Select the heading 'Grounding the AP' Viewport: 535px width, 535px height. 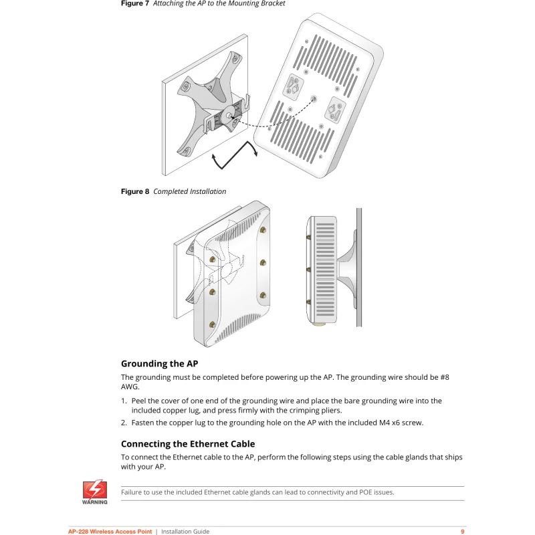(x=159, y=364)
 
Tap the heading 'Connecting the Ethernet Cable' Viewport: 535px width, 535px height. (x=188, y=444)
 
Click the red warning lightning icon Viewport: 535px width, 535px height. (x=95, y=488)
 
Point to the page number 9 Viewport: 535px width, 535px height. (x=462, y=532)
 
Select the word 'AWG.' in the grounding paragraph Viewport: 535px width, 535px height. (x=130, y=387)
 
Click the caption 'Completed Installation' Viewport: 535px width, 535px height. (x=190, y=192)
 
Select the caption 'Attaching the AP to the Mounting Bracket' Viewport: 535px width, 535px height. (x=219, y=4)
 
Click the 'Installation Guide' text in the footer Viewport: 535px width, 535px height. (x=185, y=532)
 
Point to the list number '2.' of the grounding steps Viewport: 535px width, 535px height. (x=124, y=423)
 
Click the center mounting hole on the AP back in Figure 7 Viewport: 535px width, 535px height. (x=313, y=98)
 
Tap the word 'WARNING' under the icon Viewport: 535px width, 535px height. (x=95, y=502)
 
